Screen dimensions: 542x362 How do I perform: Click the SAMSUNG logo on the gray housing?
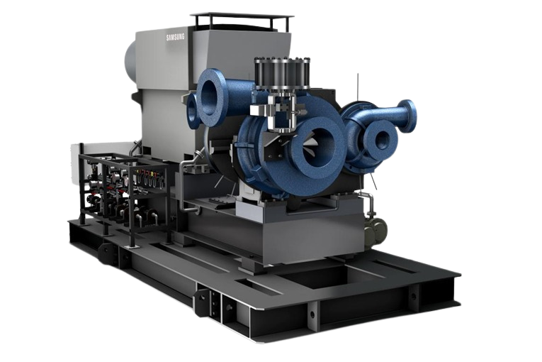(175, 37)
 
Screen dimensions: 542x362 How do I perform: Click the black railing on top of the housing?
(242, 21)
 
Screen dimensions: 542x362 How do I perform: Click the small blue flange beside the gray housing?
(192, 111)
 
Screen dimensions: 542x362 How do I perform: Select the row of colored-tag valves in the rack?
(149, 177)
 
